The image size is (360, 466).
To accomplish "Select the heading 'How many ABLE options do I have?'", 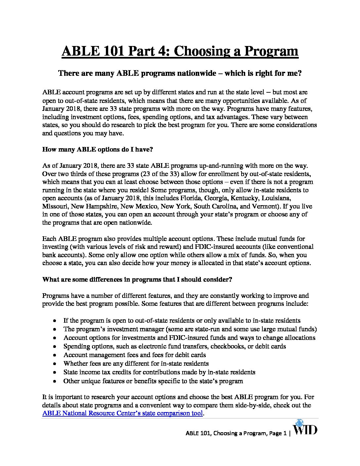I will pyautogui.click(x=97, y=149).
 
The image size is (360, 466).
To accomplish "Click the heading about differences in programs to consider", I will pyautogui.click(x=137, y=279).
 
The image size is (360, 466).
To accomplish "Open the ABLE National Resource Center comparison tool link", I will pyautogui.click(x=122, y=413).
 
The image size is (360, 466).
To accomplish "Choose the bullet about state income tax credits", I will pyautogui.click(x=159, y=372).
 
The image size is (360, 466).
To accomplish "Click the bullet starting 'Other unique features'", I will pyautogui.click(x=153, y=381).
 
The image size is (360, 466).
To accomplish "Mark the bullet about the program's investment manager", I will pyautogui.click(x=190, y=329).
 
